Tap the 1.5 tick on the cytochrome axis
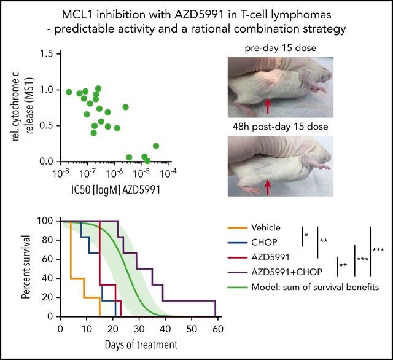coord(48,54)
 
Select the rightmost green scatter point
coord(156,146)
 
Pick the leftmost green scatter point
coord(69,92)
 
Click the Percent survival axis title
coord(26,269)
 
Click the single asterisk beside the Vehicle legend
coord(306,234)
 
